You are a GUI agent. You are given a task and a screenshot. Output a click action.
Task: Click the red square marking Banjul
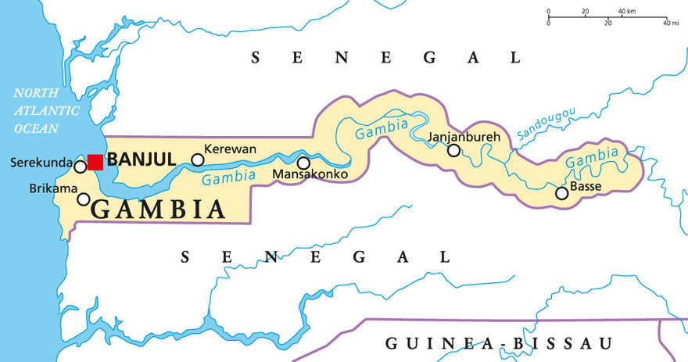click(x=95, y=162)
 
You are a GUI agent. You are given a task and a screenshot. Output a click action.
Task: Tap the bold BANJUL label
click(x=141, y=160)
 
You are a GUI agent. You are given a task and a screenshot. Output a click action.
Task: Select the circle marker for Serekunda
click(x=80, y=167)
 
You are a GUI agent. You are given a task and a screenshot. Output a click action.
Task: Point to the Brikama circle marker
click(x=84, y=199)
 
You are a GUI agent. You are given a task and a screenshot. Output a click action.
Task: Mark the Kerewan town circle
click(x=198, y=160)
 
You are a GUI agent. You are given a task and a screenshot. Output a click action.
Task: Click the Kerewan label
click(x=230, y=149)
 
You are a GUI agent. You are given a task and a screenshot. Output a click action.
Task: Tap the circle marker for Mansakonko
click(x=303, y=163)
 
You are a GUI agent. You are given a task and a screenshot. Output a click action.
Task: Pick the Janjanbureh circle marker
click(x=453, y=150)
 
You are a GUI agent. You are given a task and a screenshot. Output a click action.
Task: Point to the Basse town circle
click(x=561, y=193)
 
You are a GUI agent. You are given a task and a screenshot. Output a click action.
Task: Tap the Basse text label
click(x=586, y=188)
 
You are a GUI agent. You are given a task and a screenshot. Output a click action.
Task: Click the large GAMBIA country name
click(x=159, y=209)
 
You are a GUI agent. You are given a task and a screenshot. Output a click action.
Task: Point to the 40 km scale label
click(x=627, y=12)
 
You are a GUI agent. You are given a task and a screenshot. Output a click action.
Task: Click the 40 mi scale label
click(x=671, y=23)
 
